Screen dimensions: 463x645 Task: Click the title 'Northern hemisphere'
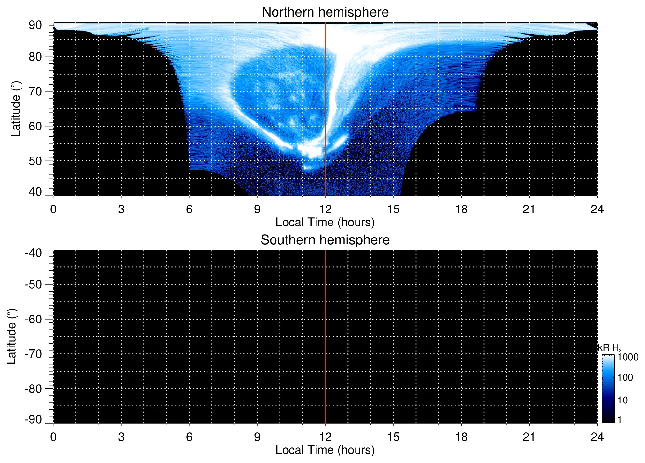click(x=325, y=12)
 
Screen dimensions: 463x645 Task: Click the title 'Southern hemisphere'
click(x=325, y=240)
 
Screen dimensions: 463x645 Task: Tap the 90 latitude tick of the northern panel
click(x=35, y=25)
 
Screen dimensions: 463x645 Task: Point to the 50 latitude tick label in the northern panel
click(x=35, y=161)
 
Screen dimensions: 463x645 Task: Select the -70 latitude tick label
click(x=34, y=354)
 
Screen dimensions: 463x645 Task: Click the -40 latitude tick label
click(x=34, y=253)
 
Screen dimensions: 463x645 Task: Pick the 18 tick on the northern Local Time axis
click(x=461, y=209)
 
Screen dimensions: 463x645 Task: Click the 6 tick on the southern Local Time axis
click(x=189, y=437)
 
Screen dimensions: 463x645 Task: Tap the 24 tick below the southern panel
click(x=597, y=437)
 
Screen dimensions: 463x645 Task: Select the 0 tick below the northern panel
click(x=53, y=209)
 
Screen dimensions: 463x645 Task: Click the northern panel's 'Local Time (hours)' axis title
click(x=325, y=222)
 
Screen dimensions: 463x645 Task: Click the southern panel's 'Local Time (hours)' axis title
click(x=325, y=450)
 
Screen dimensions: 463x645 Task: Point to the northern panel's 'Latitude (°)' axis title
click(x=16, y=109)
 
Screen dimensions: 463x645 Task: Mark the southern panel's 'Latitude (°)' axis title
click(x=12, y=336)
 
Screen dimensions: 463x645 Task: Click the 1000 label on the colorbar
click(x=628, y=357)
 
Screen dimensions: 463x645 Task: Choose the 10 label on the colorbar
click(x=623, y=401)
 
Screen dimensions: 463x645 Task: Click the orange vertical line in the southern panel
click(x=325, y=336)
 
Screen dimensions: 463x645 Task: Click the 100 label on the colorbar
click(x=625, y=378)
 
